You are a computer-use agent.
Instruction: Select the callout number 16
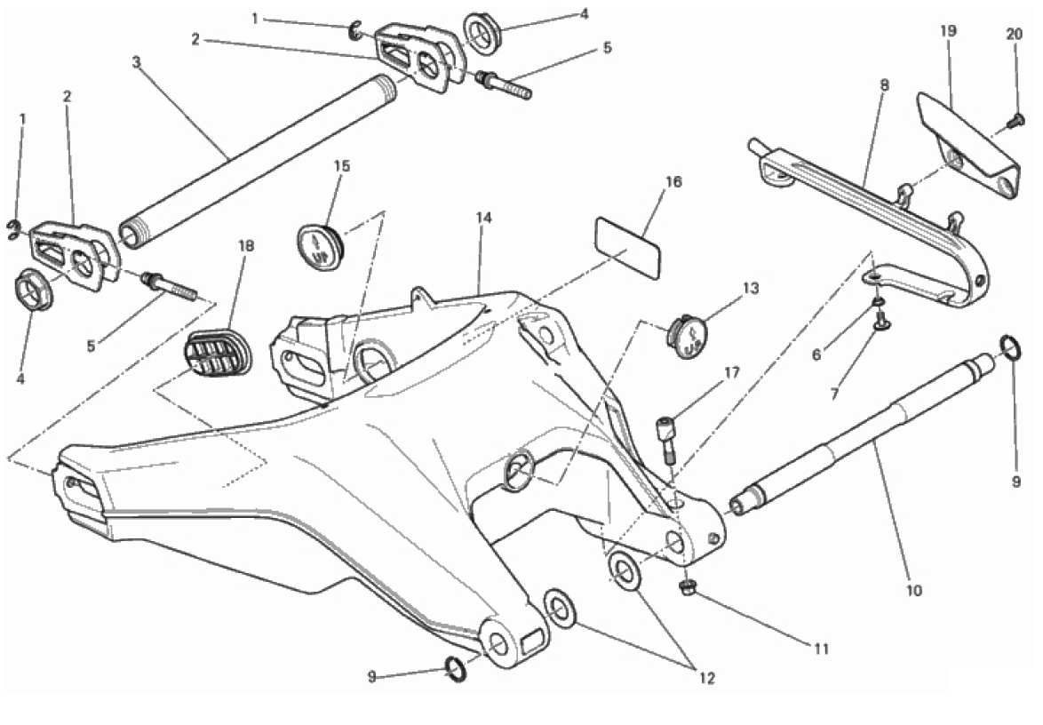pyautogui.click(x=673, y=182)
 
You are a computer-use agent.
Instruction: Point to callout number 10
pyautogui.click(x=914, y=589)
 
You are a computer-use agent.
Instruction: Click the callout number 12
pyautogui.click(x=706, y=678)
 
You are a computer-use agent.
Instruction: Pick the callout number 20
pyautogui.click(x=1015, y=35)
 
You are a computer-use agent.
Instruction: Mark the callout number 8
pyautogui.click(x=884, y=86)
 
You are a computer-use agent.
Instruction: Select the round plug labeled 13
pyautogui.click(x=688, y=337)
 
